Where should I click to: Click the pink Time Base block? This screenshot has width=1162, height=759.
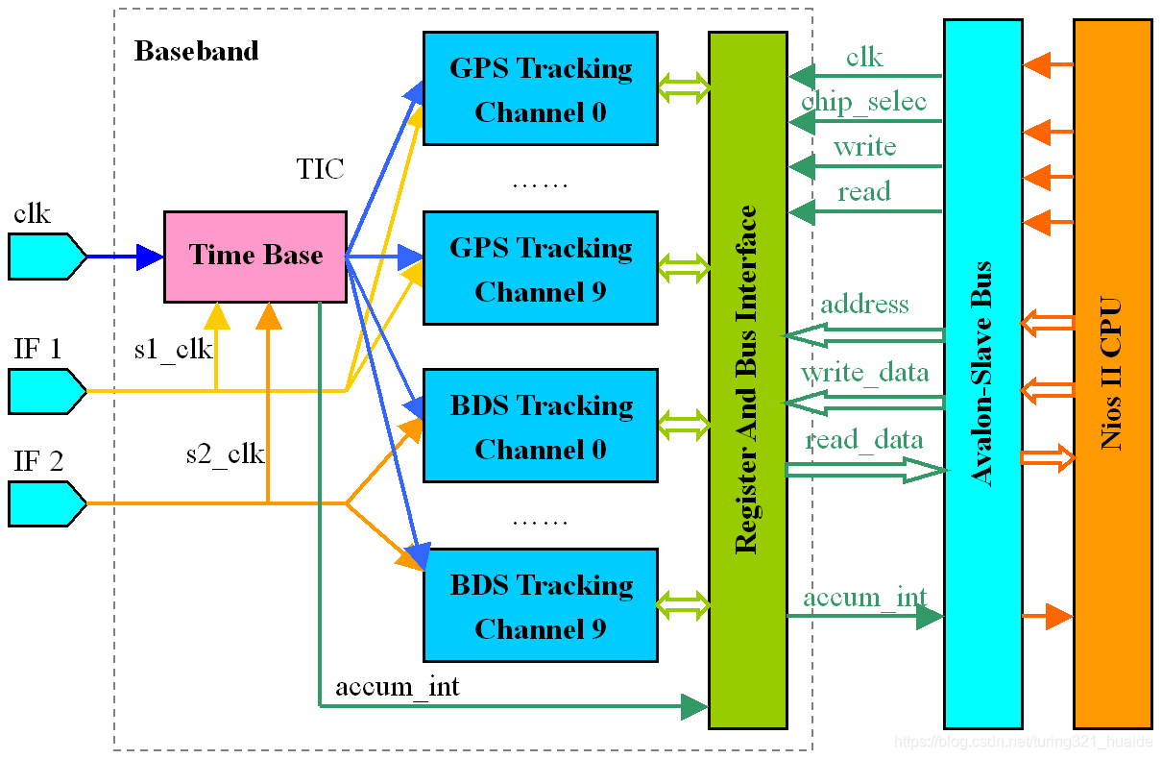[x=254, y=256]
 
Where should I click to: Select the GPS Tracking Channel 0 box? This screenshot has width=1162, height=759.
[x=540, y=88]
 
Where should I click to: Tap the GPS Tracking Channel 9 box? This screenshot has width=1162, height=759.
[x=540, y=268]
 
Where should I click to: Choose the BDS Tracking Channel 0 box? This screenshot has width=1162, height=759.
[x=540, y=426]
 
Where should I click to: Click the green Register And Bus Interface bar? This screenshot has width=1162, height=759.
[x=747, y=379]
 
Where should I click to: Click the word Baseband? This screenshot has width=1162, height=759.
[x=196, y=51]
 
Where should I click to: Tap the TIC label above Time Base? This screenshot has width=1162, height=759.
[x=320, y=170]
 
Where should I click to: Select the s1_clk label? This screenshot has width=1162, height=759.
[x=173, y=349]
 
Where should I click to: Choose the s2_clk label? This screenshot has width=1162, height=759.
[x=225, y=453]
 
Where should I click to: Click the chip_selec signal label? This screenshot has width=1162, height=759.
[x=863, y=102]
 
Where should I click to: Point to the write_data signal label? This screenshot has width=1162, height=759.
[x=864, y=372]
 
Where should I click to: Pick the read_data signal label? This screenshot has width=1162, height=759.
[x=864, y=440]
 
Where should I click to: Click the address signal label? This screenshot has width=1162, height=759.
[x=864, y=305]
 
